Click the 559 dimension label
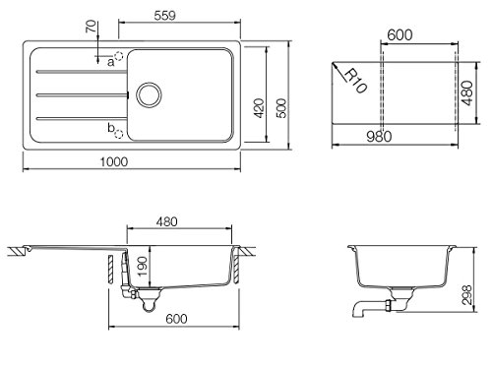click(x=164, y=16)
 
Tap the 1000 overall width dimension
click(x=114, y=161)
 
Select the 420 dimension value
click(x=259, y=108)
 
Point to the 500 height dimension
click(x=281, y=108)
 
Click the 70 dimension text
click(x=92, y=27)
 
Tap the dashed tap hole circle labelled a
click(x=119, y=56)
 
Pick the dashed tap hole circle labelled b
click(x=119, y=134)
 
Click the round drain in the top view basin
click(x=149, y=95)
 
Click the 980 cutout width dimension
click(x=379, y=137)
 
